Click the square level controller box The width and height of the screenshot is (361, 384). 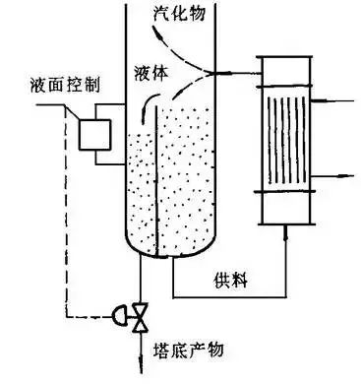[99, 133]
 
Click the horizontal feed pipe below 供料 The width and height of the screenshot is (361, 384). [229, 296]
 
